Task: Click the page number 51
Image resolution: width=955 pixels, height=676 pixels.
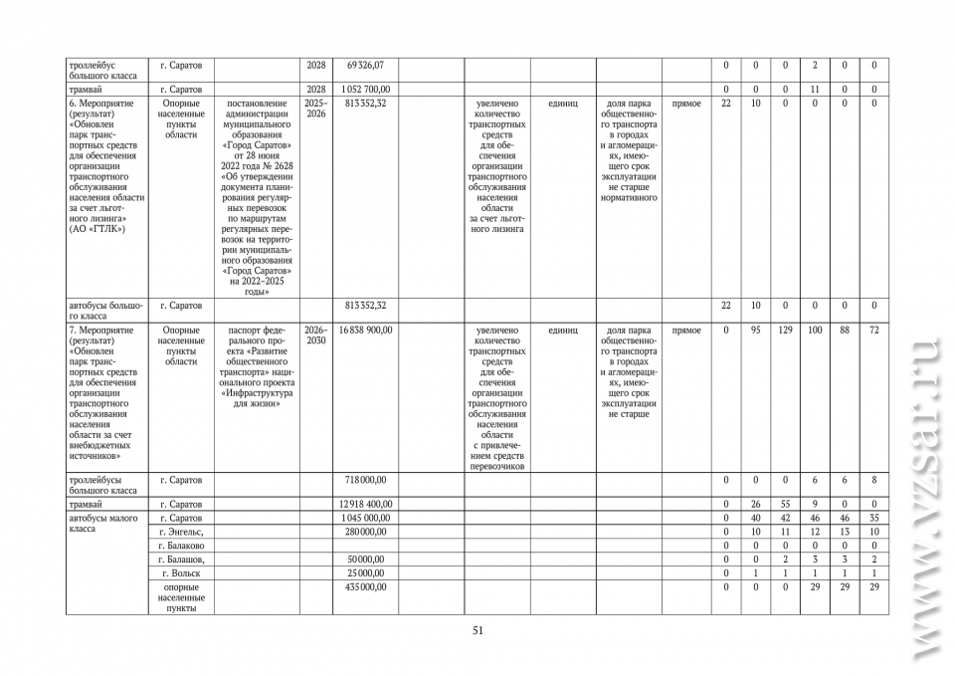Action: (477, 630)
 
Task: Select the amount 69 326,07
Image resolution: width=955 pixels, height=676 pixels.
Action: (365, 65)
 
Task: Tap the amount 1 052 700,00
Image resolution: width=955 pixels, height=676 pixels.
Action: (365, 90)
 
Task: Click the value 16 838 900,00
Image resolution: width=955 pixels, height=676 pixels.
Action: (365, 330)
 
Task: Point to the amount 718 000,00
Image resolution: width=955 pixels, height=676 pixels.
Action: (365, 480)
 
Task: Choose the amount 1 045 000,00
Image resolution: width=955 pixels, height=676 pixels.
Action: (365, 518)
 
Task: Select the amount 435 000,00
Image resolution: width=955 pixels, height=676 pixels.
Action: (365, 587)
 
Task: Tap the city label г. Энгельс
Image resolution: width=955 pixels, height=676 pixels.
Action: (181, 533)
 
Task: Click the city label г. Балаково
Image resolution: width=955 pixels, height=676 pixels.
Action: (182, 546)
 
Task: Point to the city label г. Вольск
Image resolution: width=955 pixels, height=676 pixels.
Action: (180, 573)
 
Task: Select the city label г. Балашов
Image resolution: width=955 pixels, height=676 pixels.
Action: (181, 560)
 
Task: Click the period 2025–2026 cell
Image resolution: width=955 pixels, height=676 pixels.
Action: (315, 109)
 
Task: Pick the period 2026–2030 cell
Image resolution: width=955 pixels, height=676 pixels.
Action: (315, 336)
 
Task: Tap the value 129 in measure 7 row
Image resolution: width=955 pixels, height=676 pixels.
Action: (785, 330)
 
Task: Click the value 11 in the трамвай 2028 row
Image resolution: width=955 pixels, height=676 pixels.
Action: (814, 90)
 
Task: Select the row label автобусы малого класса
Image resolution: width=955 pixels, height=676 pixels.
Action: (103, 524)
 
